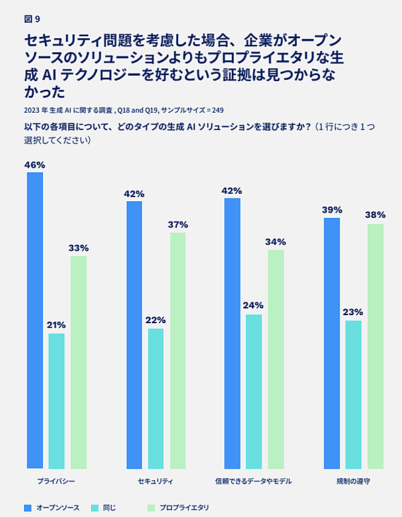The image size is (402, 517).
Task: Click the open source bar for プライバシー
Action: click(35, 321)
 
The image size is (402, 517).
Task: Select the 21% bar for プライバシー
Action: click(56, 401)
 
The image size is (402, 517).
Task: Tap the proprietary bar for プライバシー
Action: click(78, 362)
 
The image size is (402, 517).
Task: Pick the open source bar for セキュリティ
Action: click(134, 335)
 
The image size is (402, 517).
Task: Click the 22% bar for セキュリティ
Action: click(155, 398)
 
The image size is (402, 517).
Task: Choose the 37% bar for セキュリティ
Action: click(178, 350)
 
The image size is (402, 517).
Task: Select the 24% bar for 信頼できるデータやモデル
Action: click(254, 391)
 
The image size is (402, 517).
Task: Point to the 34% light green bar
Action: click(276, 359)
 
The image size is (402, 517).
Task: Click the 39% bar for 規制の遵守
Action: click(331, 343)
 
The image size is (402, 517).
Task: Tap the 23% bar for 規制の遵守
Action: click(353, 394)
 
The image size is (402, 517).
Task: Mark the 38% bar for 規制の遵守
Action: click(375, 346)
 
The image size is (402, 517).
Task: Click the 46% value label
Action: click(35, 165)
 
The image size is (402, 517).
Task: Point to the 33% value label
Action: click(78, 248)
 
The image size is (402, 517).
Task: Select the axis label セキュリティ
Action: click(155, 481)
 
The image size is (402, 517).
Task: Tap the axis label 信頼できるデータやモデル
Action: click(254, 481)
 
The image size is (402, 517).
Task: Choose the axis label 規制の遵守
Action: click(353, 481)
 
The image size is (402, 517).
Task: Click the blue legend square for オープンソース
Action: click(27, 508)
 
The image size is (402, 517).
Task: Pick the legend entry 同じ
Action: click(109, 508)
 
